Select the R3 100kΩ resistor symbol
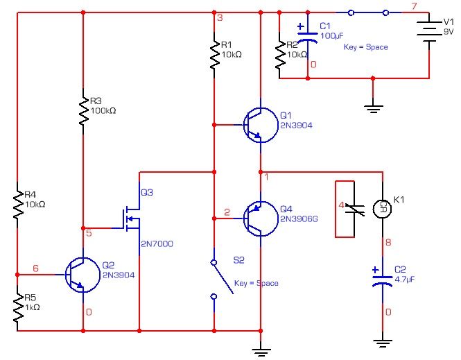(x=83, y=112)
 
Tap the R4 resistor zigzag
(x=17, y=201)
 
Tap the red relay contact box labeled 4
(x=351, y=208)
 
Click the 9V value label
(x=449, y=40)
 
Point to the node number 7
(x=414, y=7)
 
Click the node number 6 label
(x=36, y=268)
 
